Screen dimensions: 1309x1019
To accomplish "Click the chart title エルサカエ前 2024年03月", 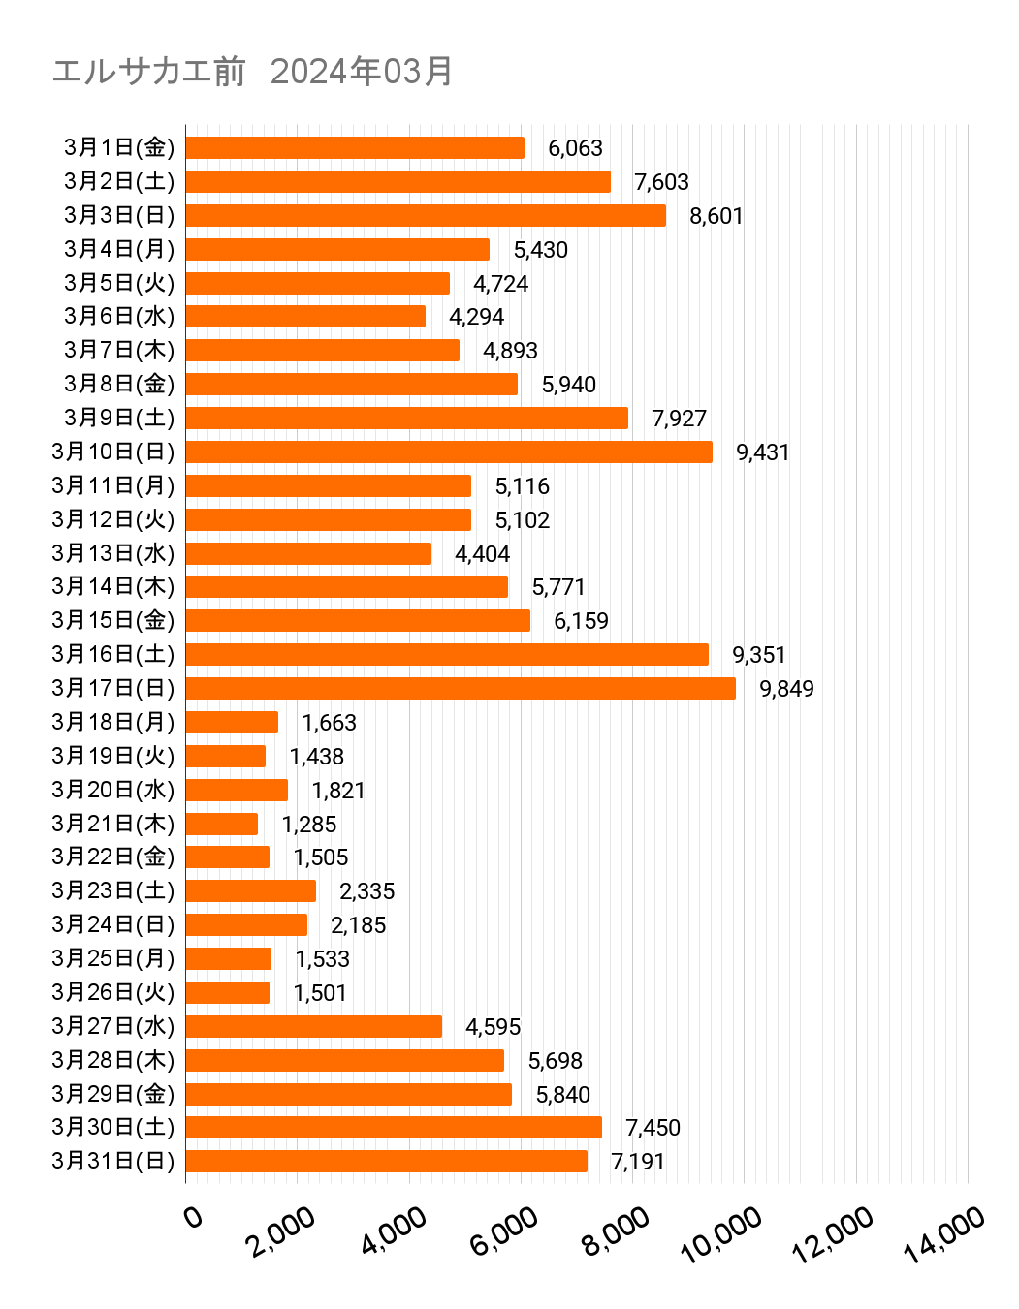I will point(252,71).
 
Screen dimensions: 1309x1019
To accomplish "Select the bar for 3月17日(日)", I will point(460,688).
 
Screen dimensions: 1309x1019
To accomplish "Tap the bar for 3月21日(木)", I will point(221,824).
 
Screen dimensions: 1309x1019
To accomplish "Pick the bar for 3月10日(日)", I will point(448,452).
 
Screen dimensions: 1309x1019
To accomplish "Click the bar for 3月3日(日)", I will point(425,215).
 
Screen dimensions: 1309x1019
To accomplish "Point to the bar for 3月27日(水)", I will point(313,1026).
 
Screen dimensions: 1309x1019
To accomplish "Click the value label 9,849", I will point(786,689).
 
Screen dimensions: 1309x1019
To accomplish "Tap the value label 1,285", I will point(309,825).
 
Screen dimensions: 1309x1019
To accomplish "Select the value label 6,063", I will point(575,148).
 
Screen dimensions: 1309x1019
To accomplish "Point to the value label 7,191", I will point(638,1162).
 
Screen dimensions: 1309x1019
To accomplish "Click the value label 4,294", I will point(476,317).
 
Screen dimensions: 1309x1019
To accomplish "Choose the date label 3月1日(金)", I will point(119,147).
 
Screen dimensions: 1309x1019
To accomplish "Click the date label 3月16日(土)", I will point(113,654).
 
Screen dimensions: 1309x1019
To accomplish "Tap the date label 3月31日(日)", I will point(113,1161).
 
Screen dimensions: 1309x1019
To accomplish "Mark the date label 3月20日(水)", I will point(113,790).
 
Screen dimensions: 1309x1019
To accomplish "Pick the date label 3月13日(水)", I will point(113,553).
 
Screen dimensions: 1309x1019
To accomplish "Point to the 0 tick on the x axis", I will point(194,1216).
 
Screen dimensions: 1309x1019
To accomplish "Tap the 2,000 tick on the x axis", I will point(281,1231).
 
